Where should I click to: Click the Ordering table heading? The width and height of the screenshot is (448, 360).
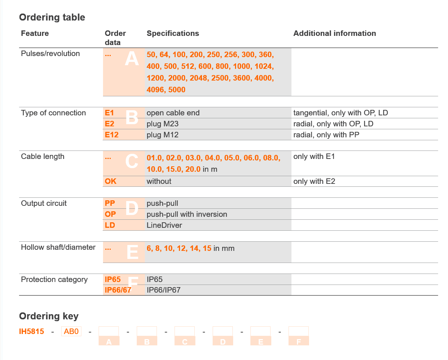point(52,17)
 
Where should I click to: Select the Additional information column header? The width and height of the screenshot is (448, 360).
point(334,33)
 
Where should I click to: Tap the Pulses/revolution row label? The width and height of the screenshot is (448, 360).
point(50,53)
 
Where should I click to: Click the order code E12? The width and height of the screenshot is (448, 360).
point(112,135)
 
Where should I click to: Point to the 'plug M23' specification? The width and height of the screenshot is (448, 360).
point(162,124)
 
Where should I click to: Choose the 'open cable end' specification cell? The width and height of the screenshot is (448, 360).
point(173,113)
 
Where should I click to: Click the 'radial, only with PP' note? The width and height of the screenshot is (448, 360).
point(326,135)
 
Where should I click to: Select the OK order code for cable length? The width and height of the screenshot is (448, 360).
point(110,181)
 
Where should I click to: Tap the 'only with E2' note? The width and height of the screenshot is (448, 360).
point(314,181)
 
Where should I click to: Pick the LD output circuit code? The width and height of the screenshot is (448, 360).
point(110,225)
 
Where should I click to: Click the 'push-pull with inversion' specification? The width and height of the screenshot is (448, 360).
point(187,214)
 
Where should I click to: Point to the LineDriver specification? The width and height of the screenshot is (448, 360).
point(164,225)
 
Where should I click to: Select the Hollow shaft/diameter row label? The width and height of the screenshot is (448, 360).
point(58,247)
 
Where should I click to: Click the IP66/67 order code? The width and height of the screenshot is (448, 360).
point(118,290)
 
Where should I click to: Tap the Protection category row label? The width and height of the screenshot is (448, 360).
point(54,279)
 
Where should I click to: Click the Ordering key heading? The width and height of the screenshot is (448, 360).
point(49,316)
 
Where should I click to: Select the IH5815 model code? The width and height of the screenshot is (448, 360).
point(32,331)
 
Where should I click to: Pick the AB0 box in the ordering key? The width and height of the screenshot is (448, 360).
point(71,331)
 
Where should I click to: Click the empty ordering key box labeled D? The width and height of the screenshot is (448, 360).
point(223,331)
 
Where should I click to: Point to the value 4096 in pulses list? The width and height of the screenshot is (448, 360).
point(155,90)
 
